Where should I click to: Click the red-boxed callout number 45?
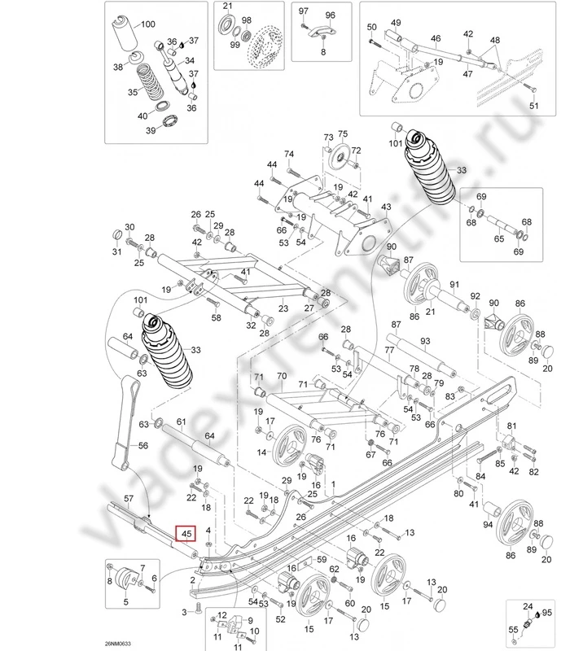(x=186, y=534)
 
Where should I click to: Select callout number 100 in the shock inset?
(x=147, y=24)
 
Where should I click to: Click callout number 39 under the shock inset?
(x=151, y=130)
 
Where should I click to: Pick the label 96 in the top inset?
(x=330, y=15)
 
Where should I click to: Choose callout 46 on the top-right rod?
(x=436, y=38)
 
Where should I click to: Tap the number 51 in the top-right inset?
(x=534, y=107)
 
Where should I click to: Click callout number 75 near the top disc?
(x=343, y=133)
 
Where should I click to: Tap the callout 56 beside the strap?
(x=143, y=445)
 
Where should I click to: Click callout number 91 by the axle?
(x=454, y=284)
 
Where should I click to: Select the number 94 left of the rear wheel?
(x=488, y=525)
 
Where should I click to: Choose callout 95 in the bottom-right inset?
(x=546, y=612)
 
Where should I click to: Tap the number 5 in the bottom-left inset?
(x=126, y=602)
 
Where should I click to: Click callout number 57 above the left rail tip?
(x=129, y=497)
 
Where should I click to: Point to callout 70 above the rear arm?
(x=282, y=377)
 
